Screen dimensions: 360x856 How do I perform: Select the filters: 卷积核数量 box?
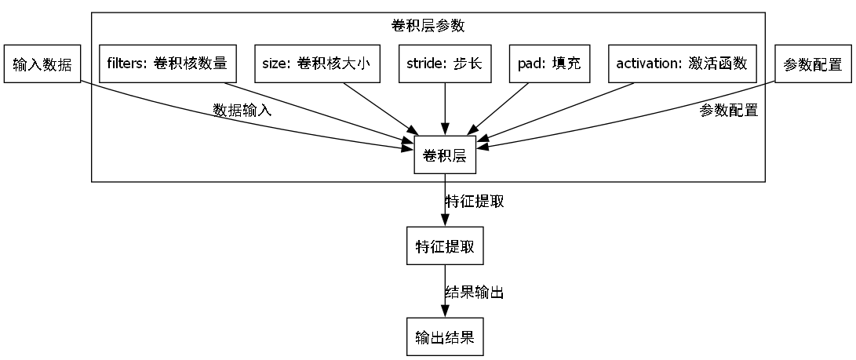point(166,64)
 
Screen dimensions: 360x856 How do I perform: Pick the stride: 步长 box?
point(445,64)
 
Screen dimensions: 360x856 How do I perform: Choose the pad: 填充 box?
point(549,64)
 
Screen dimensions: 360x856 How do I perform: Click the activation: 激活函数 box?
point(682,64)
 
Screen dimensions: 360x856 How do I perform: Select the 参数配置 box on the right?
point(813,64)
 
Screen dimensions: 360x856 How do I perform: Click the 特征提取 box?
point(445,246)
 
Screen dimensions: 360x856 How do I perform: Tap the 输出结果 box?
point(445,338)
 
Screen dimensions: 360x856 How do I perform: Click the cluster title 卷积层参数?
point(428,26)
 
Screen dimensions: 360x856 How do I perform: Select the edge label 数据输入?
point(242,111)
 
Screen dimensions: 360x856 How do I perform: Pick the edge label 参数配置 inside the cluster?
point(728,111)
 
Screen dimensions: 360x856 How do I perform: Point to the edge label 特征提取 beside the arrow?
point(475,202)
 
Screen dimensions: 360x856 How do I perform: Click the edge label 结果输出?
point(474,293)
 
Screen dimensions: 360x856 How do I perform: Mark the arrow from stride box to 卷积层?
point(445,110)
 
